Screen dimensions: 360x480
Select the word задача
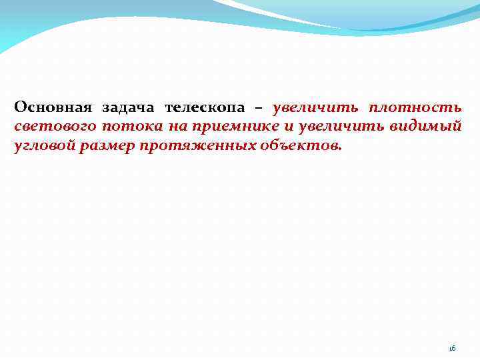127,107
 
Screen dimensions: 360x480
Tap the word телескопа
205,107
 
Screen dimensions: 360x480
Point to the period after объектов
340,150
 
